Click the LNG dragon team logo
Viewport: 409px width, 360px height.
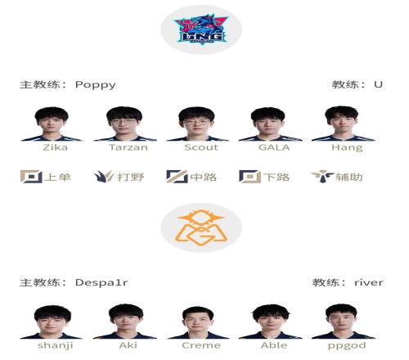pos(201,30)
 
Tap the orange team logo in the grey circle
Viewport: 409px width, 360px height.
pos(201,227)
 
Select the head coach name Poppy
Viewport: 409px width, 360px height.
pos(95,85)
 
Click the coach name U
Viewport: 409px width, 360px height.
pos(378,84)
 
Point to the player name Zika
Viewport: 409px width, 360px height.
pos(56,147)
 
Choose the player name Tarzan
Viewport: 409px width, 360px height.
pos(128,147)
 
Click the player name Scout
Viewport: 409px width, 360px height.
pos(201,147)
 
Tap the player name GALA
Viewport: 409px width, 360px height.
pos(274,147)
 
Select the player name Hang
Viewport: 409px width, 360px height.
pos(347,148)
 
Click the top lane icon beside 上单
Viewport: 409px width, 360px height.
pos(31,177)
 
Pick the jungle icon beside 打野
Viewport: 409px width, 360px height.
pos(104,177)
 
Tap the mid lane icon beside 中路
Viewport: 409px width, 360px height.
pos(177,177)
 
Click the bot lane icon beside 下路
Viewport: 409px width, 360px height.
pos(249,177)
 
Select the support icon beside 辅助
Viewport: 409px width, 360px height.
pos(322,177)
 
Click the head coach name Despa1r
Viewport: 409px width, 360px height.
pos(101,283)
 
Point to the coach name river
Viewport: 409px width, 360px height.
pos(369,282)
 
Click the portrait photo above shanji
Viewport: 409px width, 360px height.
pos(52,322)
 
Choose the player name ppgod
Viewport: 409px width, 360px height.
pos(347,346)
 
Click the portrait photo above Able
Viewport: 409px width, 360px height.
pos(271,322)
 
